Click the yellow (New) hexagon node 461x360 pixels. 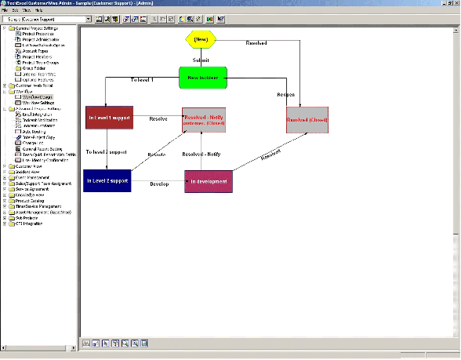pos(201,38)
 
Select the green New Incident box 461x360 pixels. pos(202,78)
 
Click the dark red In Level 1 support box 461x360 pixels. pos(110,118)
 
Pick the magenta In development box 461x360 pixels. pos(209,181)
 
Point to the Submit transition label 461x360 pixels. pos(201,59)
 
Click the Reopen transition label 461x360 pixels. pos(285,94)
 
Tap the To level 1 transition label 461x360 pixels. pos(143,80)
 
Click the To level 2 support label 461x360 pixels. pos(105,151)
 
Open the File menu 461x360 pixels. pos(6,10)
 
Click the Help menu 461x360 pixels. pos(38,10)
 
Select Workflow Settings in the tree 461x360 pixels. pos(37,102)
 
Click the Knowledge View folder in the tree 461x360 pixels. pos(29,194)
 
